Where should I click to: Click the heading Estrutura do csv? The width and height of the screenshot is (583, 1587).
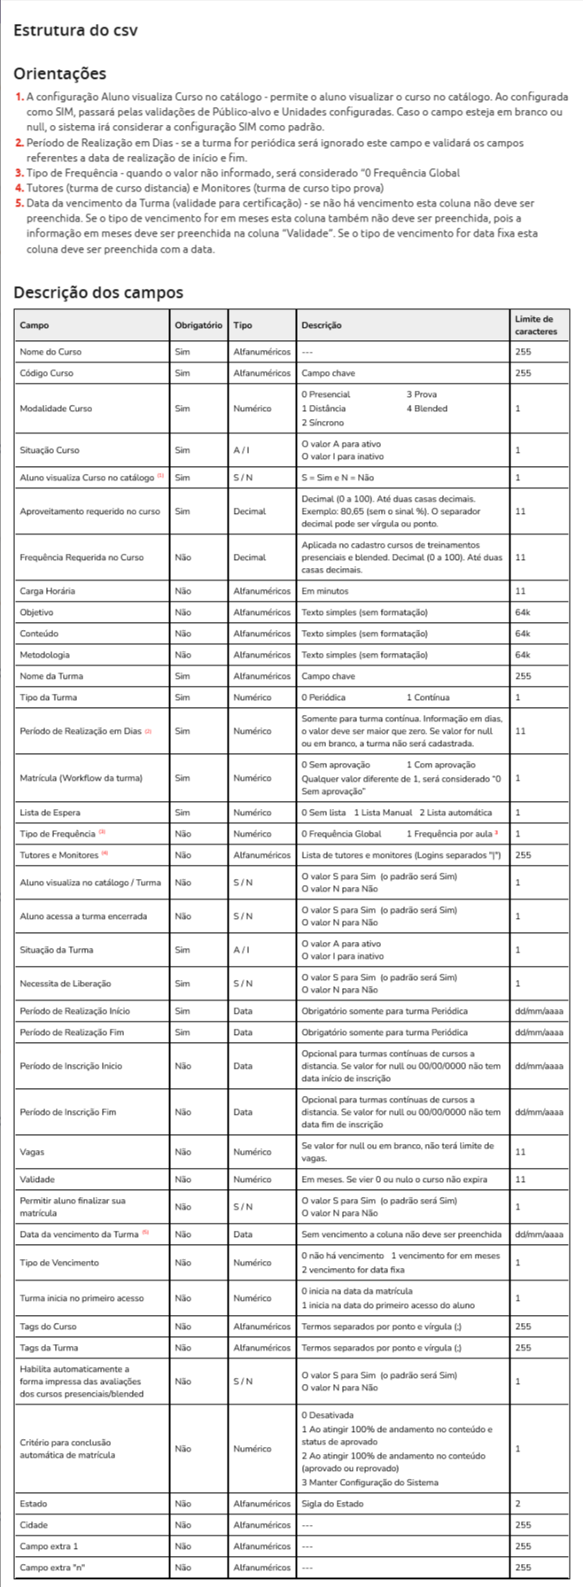75,31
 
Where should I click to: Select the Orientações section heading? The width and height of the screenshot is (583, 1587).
60,74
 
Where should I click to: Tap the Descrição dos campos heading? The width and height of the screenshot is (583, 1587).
98,292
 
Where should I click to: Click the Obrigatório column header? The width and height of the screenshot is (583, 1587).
198,325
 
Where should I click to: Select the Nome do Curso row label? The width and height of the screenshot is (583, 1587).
51,352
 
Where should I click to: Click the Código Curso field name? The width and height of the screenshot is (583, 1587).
47,373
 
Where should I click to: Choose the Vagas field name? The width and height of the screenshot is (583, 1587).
32,1152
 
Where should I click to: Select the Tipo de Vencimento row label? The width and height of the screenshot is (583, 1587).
59,1263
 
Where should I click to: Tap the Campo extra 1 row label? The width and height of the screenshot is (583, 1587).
49,1546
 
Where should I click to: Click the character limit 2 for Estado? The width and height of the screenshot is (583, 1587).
518,1504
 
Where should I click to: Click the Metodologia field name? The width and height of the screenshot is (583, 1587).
44,655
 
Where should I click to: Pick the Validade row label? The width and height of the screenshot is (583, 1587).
37,1179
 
